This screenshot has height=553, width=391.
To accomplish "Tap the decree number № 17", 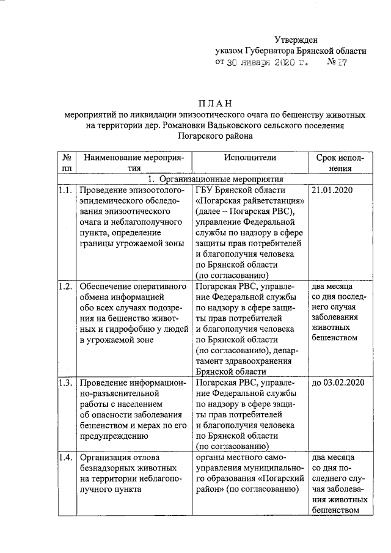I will click(x=337, y=62).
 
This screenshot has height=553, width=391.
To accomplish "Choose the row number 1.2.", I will click(x=66, y=285).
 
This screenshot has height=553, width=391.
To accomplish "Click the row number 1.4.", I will click(x=66, y=456).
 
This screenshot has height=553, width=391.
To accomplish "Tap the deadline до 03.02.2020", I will click(x=338, y=383).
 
